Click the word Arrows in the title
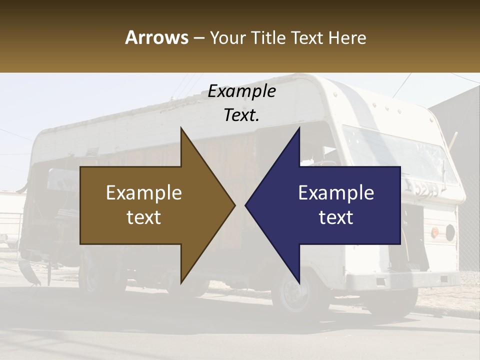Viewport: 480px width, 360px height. pyautogui.click(x=156, y=37)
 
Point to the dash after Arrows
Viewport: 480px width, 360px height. pyautogui.click(x=198, y=38)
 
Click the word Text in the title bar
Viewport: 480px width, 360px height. pyautogui.click(x=308, y=37)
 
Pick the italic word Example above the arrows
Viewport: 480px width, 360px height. pyautogui.click(x=241, y=91)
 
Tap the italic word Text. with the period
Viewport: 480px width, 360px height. pyautogui.click(x=241, y=115)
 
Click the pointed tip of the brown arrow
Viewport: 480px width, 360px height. pyautogui.click(x=234, y=205)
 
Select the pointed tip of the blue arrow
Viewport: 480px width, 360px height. pyautogui.click(x=246, y=205)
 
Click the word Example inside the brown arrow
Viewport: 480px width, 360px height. pyautogui.click(x=144, y=193)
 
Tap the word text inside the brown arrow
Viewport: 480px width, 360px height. pyautogui.click(x=144, y=217)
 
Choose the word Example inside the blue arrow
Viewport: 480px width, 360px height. pyautogui.click(x=336, y=193)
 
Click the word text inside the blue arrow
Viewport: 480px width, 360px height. pyautogui.click(x=336, y=217)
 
